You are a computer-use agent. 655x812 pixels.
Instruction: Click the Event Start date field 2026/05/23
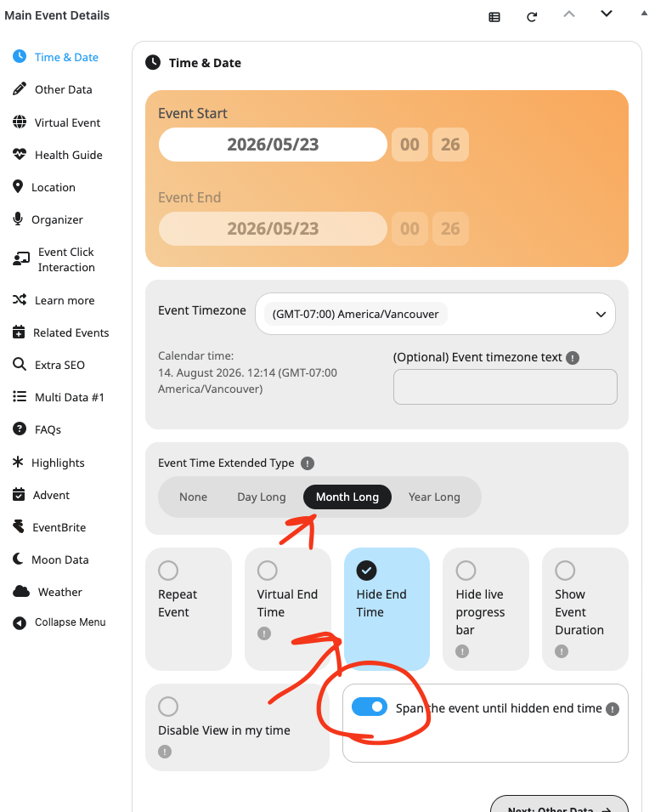[x=273, y=145]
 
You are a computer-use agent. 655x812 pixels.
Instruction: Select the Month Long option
[x=347, y=497]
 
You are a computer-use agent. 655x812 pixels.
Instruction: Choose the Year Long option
[x=434, y=497]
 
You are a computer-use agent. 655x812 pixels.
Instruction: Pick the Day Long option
[x=262, y=497]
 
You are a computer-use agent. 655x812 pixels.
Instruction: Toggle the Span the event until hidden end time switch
[x=370, y=707]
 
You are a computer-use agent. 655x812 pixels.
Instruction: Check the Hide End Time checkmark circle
[x=366, y=571]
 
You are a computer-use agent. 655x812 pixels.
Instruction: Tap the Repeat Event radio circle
[x=168, y=571]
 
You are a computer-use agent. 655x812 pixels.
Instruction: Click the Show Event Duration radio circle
[x=565, y=571]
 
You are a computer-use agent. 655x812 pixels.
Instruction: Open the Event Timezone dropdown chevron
[x=601, y=315]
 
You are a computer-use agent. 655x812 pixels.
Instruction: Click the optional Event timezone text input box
[x=505, y=387]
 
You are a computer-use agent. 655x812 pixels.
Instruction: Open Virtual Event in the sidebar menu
[x=57, y=122]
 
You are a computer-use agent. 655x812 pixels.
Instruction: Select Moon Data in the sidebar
[x=51, y=559]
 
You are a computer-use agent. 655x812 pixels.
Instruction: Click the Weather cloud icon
[x=20, y=592]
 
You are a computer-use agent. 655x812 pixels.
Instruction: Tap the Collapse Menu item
[x=59, y=622]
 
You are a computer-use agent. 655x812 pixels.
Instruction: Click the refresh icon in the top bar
[x=532, y=17]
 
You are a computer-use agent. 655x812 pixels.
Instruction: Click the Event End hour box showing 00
[x=409, y=229]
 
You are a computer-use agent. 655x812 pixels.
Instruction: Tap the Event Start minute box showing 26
[x=450, y=145]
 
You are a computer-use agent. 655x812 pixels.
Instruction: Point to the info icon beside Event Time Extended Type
[x=308, y=463]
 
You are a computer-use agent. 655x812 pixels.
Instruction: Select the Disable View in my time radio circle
[x=168, y=707]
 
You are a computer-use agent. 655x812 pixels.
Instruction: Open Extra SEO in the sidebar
[x=49, y=365]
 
